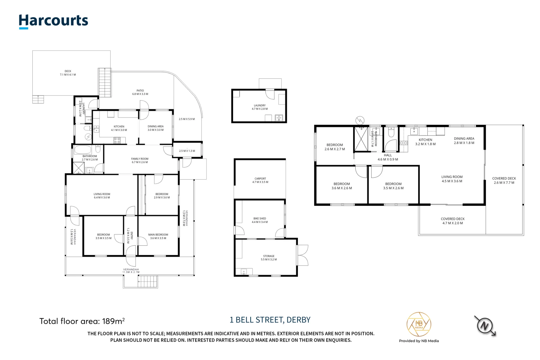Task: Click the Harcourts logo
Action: (53, 21)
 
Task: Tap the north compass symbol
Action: (485, 326)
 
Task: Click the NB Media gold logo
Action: (419, 324)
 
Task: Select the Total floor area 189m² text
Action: (82, 321)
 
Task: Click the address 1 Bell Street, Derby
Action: (270, 320)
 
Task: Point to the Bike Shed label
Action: (260, 220)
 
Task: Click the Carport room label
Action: (260, 180)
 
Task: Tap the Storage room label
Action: (269, 258)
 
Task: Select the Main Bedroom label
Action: (158, 236)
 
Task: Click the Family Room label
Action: (140, 161)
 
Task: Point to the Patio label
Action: (140, 92)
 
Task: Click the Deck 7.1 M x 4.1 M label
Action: (68, 73)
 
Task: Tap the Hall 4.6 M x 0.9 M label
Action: (388, 157)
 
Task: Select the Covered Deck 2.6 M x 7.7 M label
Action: (504, 181)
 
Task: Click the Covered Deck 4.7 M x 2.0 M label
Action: (453, 221)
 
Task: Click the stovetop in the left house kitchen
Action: (117, 140)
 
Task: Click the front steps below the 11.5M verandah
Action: (147, 282)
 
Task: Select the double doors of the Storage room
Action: (302, 255)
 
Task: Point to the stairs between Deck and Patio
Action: (105, 83)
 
